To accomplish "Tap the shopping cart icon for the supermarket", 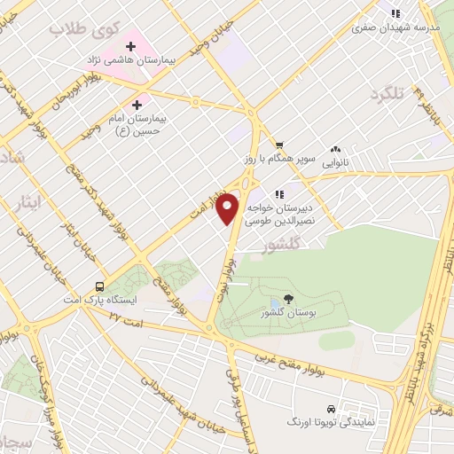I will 278,145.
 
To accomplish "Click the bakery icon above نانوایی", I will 335,150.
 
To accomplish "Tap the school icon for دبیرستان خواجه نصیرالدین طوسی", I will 278,195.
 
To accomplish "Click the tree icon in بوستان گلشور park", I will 287,300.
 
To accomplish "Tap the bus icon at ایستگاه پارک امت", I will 99,286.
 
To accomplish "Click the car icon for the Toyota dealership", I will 331,410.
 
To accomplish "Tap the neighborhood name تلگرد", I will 387,93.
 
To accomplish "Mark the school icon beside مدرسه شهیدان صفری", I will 395,13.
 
